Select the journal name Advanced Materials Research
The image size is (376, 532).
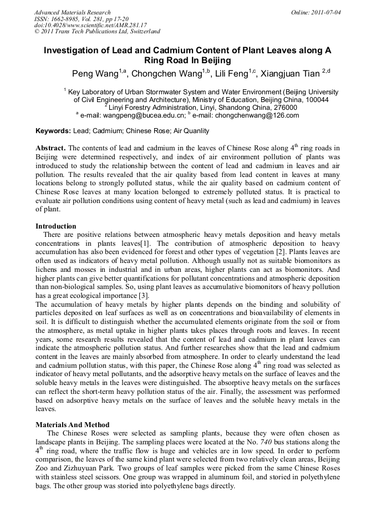point(73,12)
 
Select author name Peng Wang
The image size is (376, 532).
point(95,74)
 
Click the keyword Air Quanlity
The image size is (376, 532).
point(191,131)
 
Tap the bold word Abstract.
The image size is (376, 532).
point(51,148)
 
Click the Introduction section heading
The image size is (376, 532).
point(55,226)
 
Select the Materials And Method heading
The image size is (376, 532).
point(72,424)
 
